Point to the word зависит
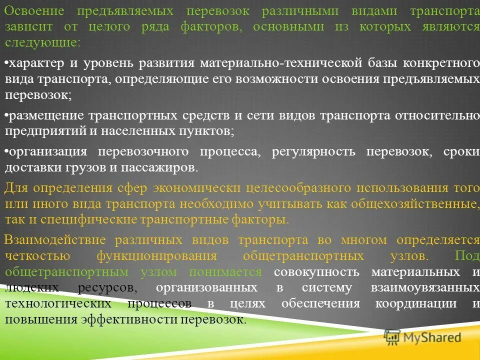coord(26,27)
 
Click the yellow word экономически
coord(195,188)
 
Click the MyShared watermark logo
coord(422,338)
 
